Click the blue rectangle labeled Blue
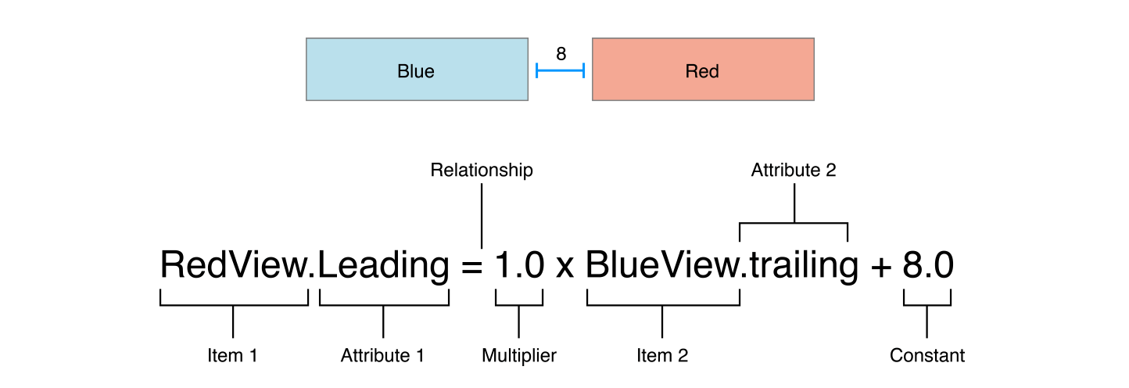pyautogui.click(x=417, y=69)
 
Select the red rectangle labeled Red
pyautogui.click(x=703, y=69)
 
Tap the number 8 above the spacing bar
pyautogui.click(x=561, y=53)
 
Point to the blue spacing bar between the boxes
pyautogui.click(x=560, y=70)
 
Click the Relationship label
pyautogui.click(x=482, y=170)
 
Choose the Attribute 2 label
pyautogui.click(x=794, y=170)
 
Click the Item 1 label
pyautogui.click(x=233, y=355)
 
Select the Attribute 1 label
pyautogui.click(x=382, y=355)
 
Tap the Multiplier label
pyautogui.click(x=519, y=356)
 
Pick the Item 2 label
pyautogui.click(x=662, y=355)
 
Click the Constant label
pyautogui.click(x=926, y=355)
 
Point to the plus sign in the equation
pyautogui.click(x=881, y=267)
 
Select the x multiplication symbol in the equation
pyautogui.click(x=565, y=268)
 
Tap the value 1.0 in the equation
pyautogui.click(x=520, y=265)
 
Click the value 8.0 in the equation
pyautogui.click(x=928, y=265)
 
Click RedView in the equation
pyautogui.click(x=233, y=264)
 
